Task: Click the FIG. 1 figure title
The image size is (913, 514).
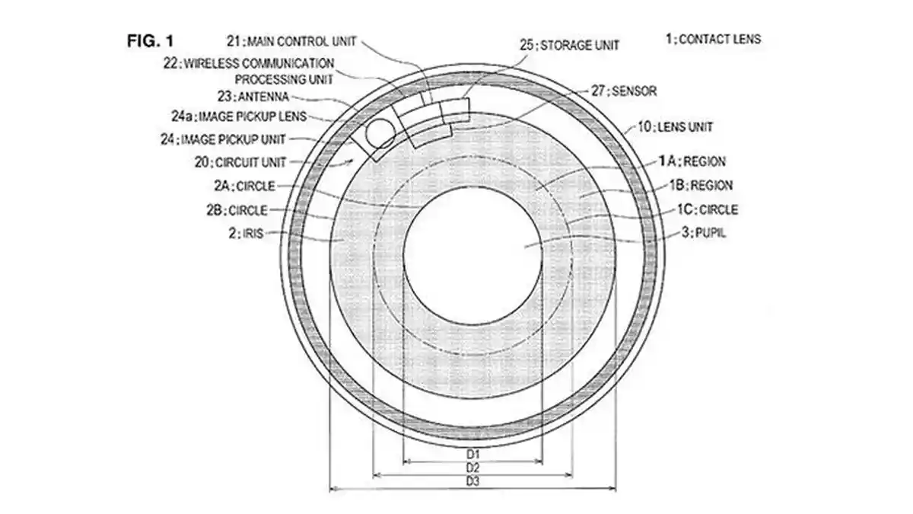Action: click(151, 41)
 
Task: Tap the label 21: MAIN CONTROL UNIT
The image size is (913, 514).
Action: click(291, 41)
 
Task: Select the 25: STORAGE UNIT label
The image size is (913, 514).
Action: click(569, 45)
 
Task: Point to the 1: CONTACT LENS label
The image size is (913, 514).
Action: click(714, 39)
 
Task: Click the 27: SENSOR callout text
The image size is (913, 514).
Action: click(624, 91)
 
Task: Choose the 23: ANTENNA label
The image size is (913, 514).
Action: click(253, 97)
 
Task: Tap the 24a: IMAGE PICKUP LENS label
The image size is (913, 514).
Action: click(239, 117)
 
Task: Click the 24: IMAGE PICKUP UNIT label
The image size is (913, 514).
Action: click(223, 139)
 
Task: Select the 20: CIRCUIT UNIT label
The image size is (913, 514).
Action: click(240, 162)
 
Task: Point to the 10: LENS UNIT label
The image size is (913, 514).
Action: click(676, 127)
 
